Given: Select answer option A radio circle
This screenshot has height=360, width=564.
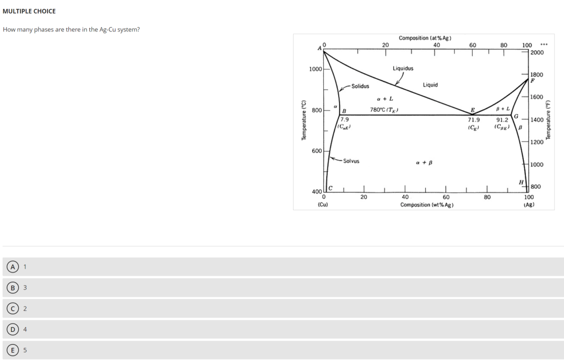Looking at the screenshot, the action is tap(13, 267).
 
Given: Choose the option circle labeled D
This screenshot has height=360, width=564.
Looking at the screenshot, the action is tap(13, 329).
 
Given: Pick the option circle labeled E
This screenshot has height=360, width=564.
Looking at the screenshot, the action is tap(13, 350).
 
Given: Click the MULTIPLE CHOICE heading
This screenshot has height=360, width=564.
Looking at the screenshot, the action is tap(29, 11).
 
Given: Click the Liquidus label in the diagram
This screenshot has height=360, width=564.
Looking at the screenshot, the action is tap(403, 68).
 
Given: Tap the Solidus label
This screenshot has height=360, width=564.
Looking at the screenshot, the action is tap(360, 86).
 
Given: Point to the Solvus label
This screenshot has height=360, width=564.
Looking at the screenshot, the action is tap(351, 161).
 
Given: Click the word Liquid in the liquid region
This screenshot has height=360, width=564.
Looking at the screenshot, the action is tap(430, 85).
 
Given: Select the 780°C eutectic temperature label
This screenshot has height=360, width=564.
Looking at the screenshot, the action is tap(384, 110).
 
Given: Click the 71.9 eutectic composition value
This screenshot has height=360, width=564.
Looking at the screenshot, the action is tap(474, 120).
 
